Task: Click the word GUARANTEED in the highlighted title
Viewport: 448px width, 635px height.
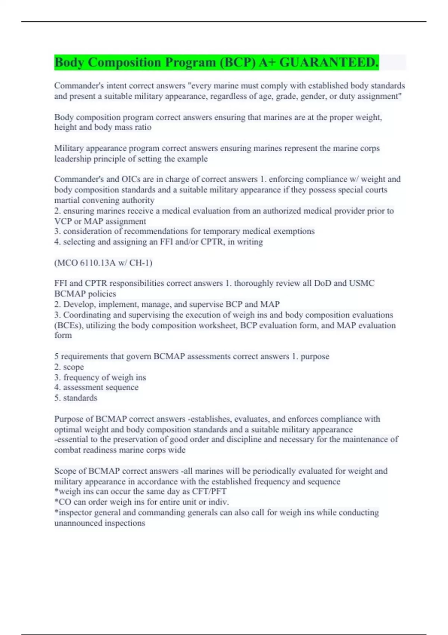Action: coord(329,62)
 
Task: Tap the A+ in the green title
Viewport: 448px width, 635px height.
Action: coord(267,62)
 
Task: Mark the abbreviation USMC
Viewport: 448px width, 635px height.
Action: coord(361,283)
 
